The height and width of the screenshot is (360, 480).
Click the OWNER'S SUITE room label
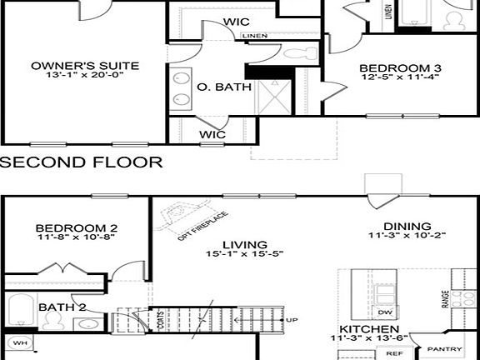coord(85,66)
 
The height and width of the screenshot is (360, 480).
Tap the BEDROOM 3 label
coord(399,68)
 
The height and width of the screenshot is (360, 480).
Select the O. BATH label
coord(219,87)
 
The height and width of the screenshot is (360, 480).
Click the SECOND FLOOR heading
coord(82,162)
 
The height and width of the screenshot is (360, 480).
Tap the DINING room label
coord(407,226)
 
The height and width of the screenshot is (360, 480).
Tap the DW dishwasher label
coord(385,312)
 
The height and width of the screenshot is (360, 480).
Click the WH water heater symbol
coord(19,342)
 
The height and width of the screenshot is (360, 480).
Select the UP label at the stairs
coord(292,320)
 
